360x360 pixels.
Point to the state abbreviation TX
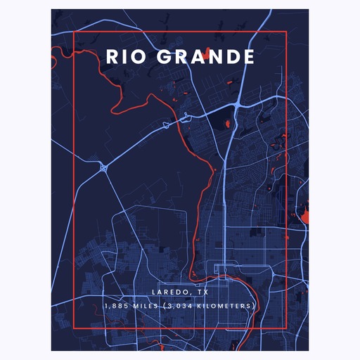pos(203,292)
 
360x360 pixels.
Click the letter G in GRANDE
pos(157,57)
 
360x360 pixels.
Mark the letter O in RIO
pos(137,57)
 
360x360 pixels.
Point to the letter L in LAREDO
pos(154,292)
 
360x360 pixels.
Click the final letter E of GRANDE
pos(248,57)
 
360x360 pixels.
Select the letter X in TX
pos(206,292)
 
